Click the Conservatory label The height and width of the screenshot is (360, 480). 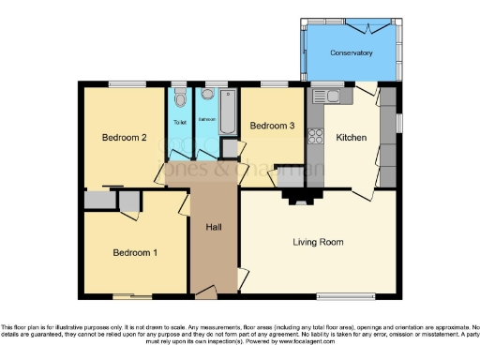(352, 53)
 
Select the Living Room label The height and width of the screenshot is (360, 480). (317, 242)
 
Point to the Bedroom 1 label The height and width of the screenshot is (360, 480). (135, 252)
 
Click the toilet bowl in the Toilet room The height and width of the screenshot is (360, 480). (180, 97)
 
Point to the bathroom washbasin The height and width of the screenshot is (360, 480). (207, 95)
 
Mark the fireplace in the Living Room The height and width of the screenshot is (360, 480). (299, 196)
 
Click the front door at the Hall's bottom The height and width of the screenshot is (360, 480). (203, 295)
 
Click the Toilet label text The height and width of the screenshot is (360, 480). (180, 123)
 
